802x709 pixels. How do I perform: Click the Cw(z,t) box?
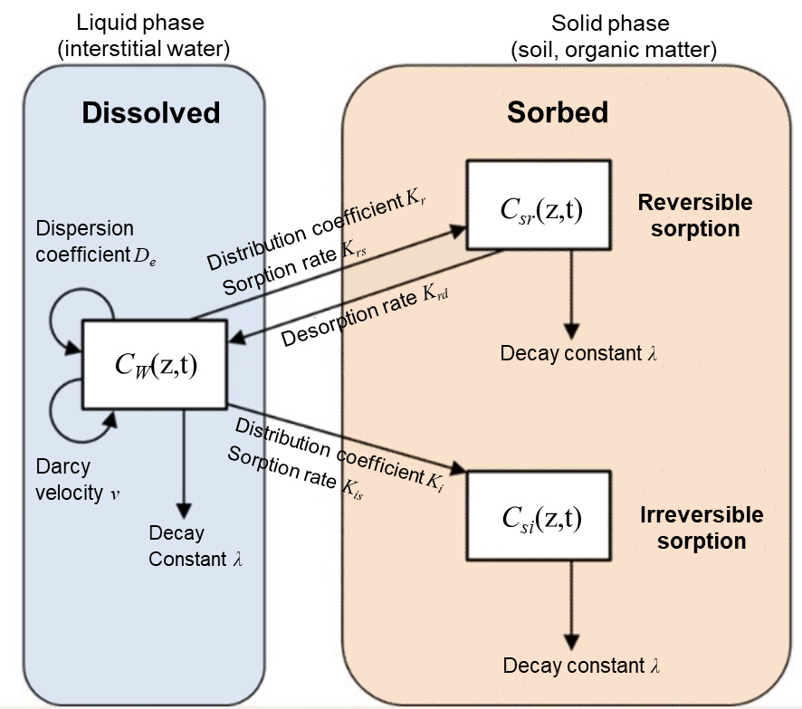(155, 364)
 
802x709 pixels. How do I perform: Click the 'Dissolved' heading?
(151, 112)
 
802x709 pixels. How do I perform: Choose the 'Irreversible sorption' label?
(702, 528)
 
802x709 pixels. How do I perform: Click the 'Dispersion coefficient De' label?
(87, 241)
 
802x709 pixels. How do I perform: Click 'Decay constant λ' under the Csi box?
(581, 666)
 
